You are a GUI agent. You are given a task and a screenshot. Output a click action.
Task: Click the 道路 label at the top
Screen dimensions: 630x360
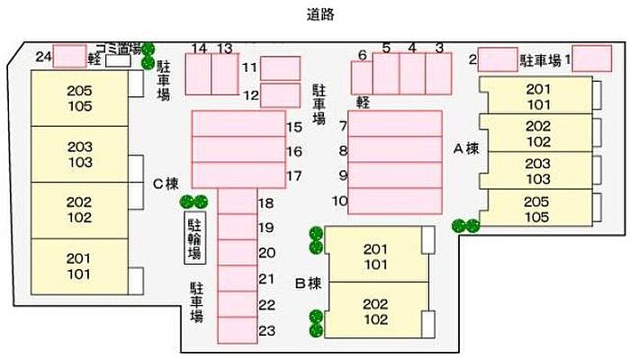point(320,15)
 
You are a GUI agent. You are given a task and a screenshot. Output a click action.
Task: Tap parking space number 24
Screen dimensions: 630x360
point(70,56)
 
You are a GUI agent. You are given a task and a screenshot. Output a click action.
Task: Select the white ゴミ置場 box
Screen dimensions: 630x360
point(118,61)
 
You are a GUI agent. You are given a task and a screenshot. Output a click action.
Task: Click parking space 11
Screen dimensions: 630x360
point(281,68)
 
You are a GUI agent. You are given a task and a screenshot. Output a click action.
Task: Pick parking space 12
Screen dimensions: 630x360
point(281,95)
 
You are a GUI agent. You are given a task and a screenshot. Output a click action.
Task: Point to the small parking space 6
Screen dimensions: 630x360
point(362,78)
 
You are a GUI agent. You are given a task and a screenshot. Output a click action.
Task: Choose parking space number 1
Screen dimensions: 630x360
point(592,58)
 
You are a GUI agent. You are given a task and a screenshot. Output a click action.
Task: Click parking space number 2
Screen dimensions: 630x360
point(498,59)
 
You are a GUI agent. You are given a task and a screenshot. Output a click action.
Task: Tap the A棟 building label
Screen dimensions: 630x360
point(466,149)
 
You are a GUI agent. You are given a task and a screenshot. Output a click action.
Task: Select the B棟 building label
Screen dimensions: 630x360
point(308,283)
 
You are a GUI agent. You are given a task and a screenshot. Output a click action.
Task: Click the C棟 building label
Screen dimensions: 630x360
point(166,184)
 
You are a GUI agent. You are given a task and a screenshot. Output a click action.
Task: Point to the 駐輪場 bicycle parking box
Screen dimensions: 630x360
point(195,238)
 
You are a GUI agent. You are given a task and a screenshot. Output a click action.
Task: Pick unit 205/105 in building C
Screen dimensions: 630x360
point(79,98)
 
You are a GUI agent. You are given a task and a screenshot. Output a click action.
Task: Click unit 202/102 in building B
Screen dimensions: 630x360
point(376,310)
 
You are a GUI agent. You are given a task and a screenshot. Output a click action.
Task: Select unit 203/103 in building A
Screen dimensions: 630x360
point(536,170)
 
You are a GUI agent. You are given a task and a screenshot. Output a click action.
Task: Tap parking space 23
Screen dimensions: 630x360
point(238,330)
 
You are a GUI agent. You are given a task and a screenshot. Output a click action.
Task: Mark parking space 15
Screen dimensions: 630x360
point(238,124)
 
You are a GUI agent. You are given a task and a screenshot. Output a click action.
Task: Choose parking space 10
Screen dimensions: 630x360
point(395,201)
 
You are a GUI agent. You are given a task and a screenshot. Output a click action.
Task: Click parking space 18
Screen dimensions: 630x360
point(238,202)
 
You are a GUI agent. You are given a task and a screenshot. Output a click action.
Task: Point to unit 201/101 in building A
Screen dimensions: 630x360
point(536,95)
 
